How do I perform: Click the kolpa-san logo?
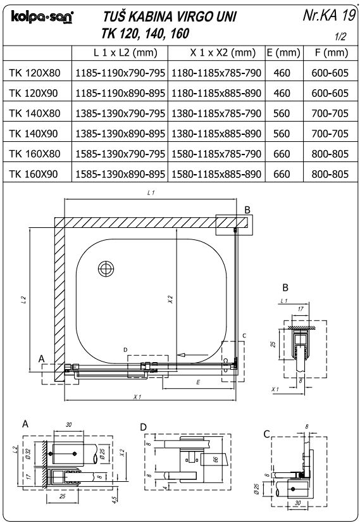[42, 17]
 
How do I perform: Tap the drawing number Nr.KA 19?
[329, 15]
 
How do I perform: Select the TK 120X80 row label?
[35, 73]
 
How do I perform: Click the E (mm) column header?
[283, 53]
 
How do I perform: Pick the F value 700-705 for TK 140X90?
[330, 134]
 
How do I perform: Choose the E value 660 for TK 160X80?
[282, 154]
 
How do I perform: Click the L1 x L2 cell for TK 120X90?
[120, 93]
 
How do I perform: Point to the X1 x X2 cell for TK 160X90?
[216, 174]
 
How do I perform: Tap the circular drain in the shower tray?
[106, 268]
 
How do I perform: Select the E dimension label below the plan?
[198, 382]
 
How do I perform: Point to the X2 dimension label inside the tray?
[170, 299]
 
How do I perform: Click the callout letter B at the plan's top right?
[247, 210]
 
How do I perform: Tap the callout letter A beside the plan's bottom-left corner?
[41, 359]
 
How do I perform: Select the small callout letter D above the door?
[125, 350]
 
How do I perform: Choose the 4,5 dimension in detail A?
[115, 500]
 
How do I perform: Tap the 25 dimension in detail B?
[273, 344]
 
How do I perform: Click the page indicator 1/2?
[340, 36]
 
